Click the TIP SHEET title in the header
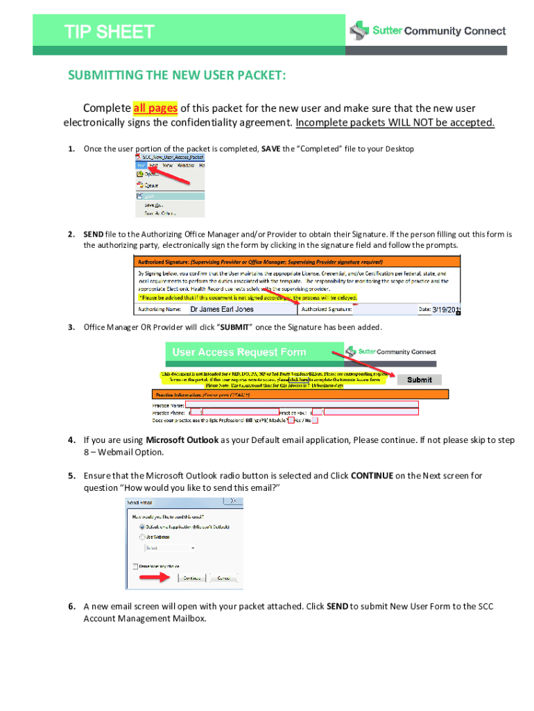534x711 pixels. pyautogui.click(x=110, y=32)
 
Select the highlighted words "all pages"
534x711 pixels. pyautogui.click(x=155, y=108)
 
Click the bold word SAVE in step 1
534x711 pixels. pyautogui.click(x=270, y=149)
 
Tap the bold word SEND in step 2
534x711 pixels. pyautogui.click(x=94, y=234)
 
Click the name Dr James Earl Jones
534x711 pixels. pyautogui.click(x=222, y=309)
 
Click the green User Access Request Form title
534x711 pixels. pyautogui.click(x=239, y=352)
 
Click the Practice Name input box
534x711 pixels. pyautogui.click(x=302, y=403)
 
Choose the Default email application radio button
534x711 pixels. pyautogui.click(x=142, y=527)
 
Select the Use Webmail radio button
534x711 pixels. pyautogui.click(x=142, y=537)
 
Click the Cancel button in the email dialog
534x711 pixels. pyautogui.click(x=224, y=578)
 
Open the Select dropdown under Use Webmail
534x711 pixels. pyautogui.click(x=170, y=548)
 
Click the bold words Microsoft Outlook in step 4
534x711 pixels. pyautogui.click(x=182, y=440)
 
